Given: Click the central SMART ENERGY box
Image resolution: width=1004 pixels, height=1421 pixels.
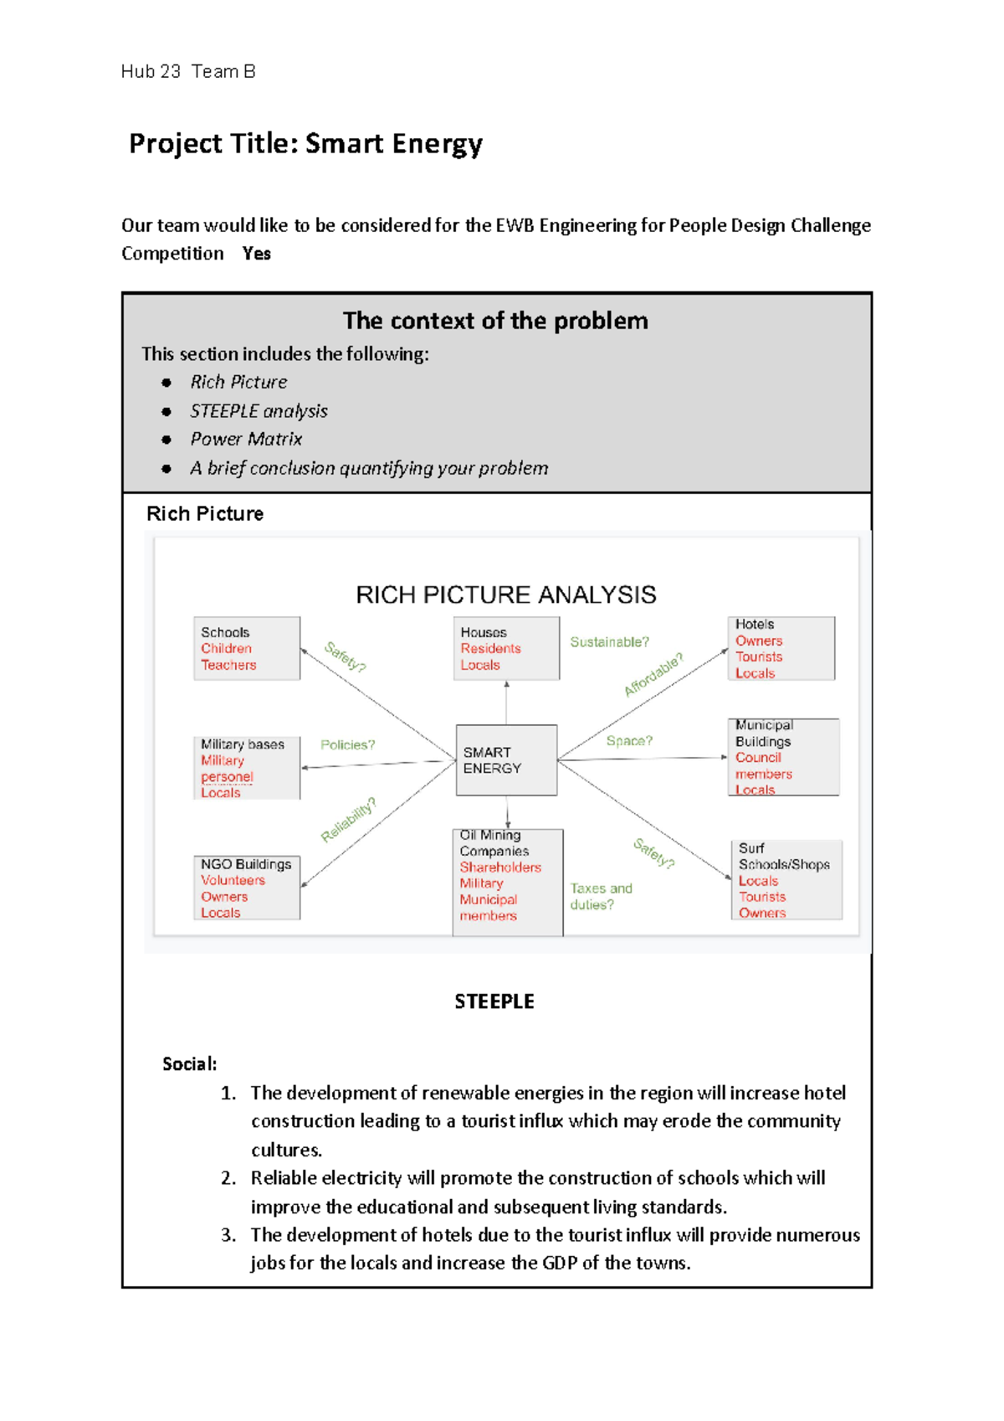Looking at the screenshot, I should (506, 759).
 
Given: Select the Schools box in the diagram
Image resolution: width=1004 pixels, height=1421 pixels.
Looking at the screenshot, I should (246, 648).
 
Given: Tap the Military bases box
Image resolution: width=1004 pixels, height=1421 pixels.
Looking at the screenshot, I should (246, 768).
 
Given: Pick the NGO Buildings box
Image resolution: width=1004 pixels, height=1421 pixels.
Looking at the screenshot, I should (246, 888).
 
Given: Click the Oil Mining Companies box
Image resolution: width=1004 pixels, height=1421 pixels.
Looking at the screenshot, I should (507, 882).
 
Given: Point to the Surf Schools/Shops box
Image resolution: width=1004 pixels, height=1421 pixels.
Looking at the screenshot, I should (786, 880).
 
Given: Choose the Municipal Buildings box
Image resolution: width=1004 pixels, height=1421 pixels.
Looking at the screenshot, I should (782, 757).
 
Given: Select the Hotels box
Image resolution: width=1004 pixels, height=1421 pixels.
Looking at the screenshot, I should (781, 648).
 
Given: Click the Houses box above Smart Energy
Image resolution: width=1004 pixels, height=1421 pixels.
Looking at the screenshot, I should (506, 648).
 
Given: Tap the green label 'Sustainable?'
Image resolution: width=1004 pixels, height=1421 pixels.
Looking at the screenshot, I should (609, 642).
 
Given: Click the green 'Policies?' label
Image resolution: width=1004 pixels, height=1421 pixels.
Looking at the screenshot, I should (347, 744).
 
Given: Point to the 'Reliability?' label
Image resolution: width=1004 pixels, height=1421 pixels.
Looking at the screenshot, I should (348, 819).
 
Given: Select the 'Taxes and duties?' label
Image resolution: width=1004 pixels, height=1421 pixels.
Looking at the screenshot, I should (600, 896).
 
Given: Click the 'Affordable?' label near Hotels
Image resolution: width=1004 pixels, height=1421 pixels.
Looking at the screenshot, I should (653, 675).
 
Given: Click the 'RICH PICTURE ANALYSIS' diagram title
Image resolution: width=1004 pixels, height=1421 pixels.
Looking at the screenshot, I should (505, 595).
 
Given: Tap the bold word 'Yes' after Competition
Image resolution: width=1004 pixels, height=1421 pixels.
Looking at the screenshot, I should (256, 254).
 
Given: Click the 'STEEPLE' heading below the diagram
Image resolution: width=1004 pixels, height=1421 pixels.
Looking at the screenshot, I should (494, 1001).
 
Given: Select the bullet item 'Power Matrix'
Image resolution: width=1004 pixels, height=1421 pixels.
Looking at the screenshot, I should (245, 439).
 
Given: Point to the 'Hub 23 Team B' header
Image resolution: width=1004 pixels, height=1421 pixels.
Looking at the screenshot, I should (187, 72).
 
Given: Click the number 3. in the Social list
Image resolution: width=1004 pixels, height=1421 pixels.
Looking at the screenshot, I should (228, 1235).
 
